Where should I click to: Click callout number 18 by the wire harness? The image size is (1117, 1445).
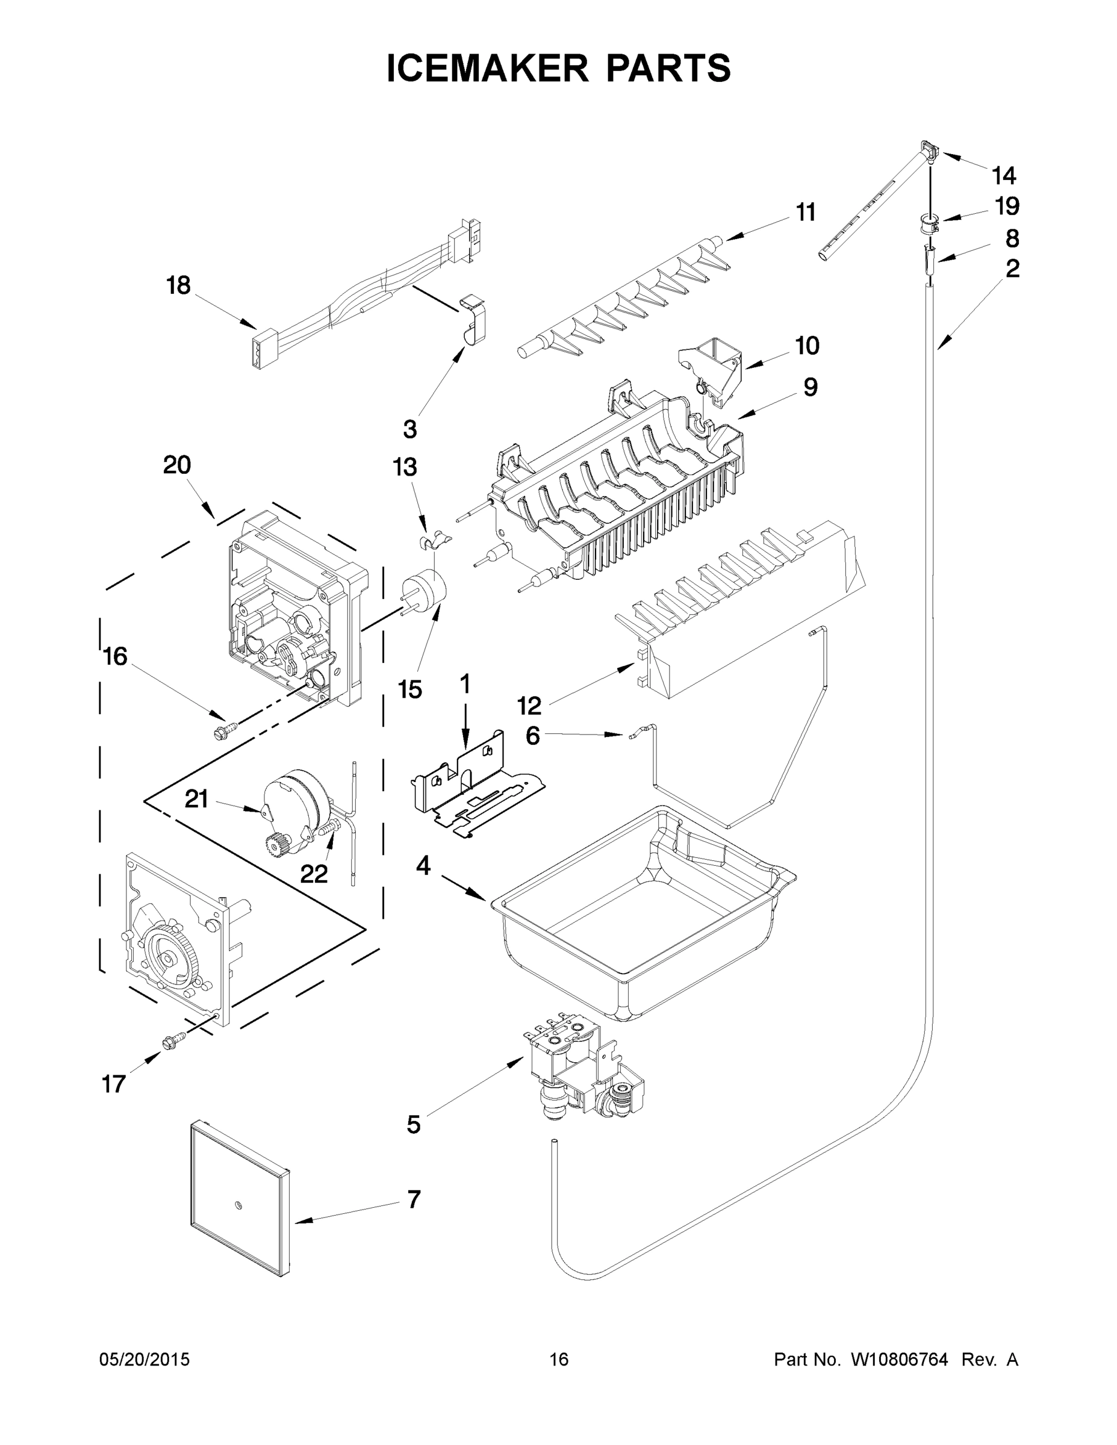pos(178,286)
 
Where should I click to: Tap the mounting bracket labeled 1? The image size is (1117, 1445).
pos(473,784)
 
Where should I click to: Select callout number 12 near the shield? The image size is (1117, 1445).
pos(529,706)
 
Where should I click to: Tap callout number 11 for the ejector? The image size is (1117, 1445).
pos(805,213)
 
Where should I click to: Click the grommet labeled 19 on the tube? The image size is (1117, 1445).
pos(927,223)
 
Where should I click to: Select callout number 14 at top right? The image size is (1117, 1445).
pos(1003,175)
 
